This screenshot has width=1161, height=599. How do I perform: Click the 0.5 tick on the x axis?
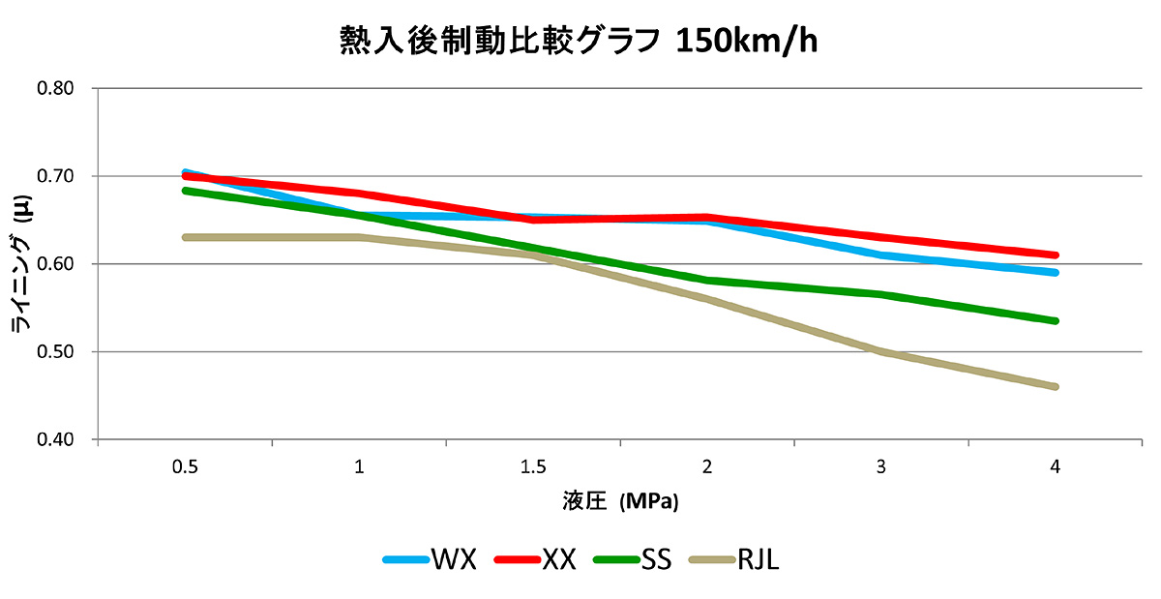(x=185, y=467)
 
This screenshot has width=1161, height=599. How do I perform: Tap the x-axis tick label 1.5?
(x=533, y=467)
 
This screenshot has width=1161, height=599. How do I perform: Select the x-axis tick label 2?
(x=707, y=467)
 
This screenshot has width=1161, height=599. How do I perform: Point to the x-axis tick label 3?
(x=881, y=467)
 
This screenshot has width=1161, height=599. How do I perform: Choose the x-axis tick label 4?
(x=1056, y=467)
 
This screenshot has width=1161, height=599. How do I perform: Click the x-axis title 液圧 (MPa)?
(x=620, y=501)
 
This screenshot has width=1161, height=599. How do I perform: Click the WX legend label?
(x=454, y=559)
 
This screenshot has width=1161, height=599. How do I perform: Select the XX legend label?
(x=559, y=559)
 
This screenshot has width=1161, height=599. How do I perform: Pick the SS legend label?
(x=656, y=559)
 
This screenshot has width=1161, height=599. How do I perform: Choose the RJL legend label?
(x=758, y=559)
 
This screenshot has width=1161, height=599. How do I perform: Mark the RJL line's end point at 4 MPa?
(x=1055, y=387)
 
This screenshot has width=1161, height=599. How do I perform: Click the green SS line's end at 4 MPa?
(x=1055, y=320)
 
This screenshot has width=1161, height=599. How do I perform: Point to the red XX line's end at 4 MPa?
(x=1055, y=255)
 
